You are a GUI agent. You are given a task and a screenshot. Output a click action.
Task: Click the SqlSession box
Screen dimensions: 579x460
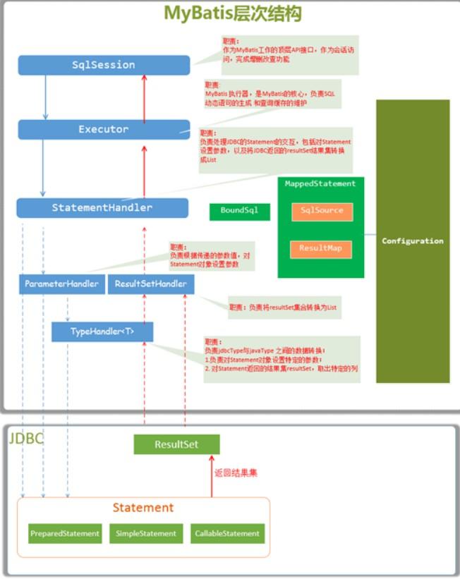pos(104,65)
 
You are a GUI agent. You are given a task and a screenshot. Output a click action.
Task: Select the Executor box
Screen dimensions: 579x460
pos(104,129)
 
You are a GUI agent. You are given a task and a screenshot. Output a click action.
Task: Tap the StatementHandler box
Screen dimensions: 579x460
pos(102,208)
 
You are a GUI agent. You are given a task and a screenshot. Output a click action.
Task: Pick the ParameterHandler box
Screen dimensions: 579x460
pos(61,284)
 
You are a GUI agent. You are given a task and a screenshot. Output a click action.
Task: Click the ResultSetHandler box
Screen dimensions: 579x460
pos(150,284)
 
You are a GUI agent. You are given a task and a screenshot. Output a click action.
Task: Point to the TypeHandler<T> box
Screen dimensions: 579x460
pos(102,331)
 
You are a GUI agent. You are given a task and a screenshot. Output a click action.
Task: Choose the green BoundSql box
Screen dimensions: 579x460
pos(239,211)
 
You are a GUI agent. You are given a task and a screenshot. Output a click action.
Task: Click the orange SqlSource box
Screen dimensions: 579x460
pos(322,211)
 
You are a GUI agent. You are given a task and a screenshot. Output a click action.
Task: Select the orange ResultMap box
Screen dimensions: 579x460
pos(320,249)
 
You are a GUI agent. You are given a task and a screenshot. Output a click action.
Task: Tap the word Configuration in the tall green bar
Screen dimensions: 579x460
pos(413,241)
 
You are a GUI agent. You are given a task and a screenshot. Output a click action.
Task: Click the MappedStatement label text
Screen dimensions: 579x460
pos(320,184)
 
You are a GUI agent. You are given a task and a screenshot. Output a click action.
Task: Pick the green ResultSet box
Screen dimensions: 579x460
pos(176,444)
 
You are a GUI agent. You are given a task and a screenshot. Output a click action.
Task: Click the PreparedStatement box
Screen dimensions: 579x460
pos(65,534)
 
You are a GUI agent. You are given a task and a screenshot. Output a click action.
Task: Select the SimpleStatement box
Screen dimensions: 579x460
pos(147,534)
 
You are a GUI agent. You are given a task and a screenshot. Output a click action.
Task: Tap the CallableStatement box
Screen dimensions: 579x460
pos(227,534)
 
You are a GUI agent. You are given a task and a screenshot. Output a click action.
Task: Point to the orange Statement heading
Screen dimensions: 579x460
pos(143,508)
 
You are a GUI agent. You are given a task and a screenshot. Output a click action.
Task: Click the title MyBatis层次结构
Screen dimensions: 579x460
pos(233,13)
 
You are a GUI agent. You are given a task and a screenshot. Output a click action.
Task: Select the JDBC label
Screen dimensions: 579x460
pos(26,439)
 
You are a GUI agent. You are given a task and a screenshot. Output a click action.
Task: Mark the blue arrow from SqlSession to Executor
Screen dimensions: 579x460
pos(46,97)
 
